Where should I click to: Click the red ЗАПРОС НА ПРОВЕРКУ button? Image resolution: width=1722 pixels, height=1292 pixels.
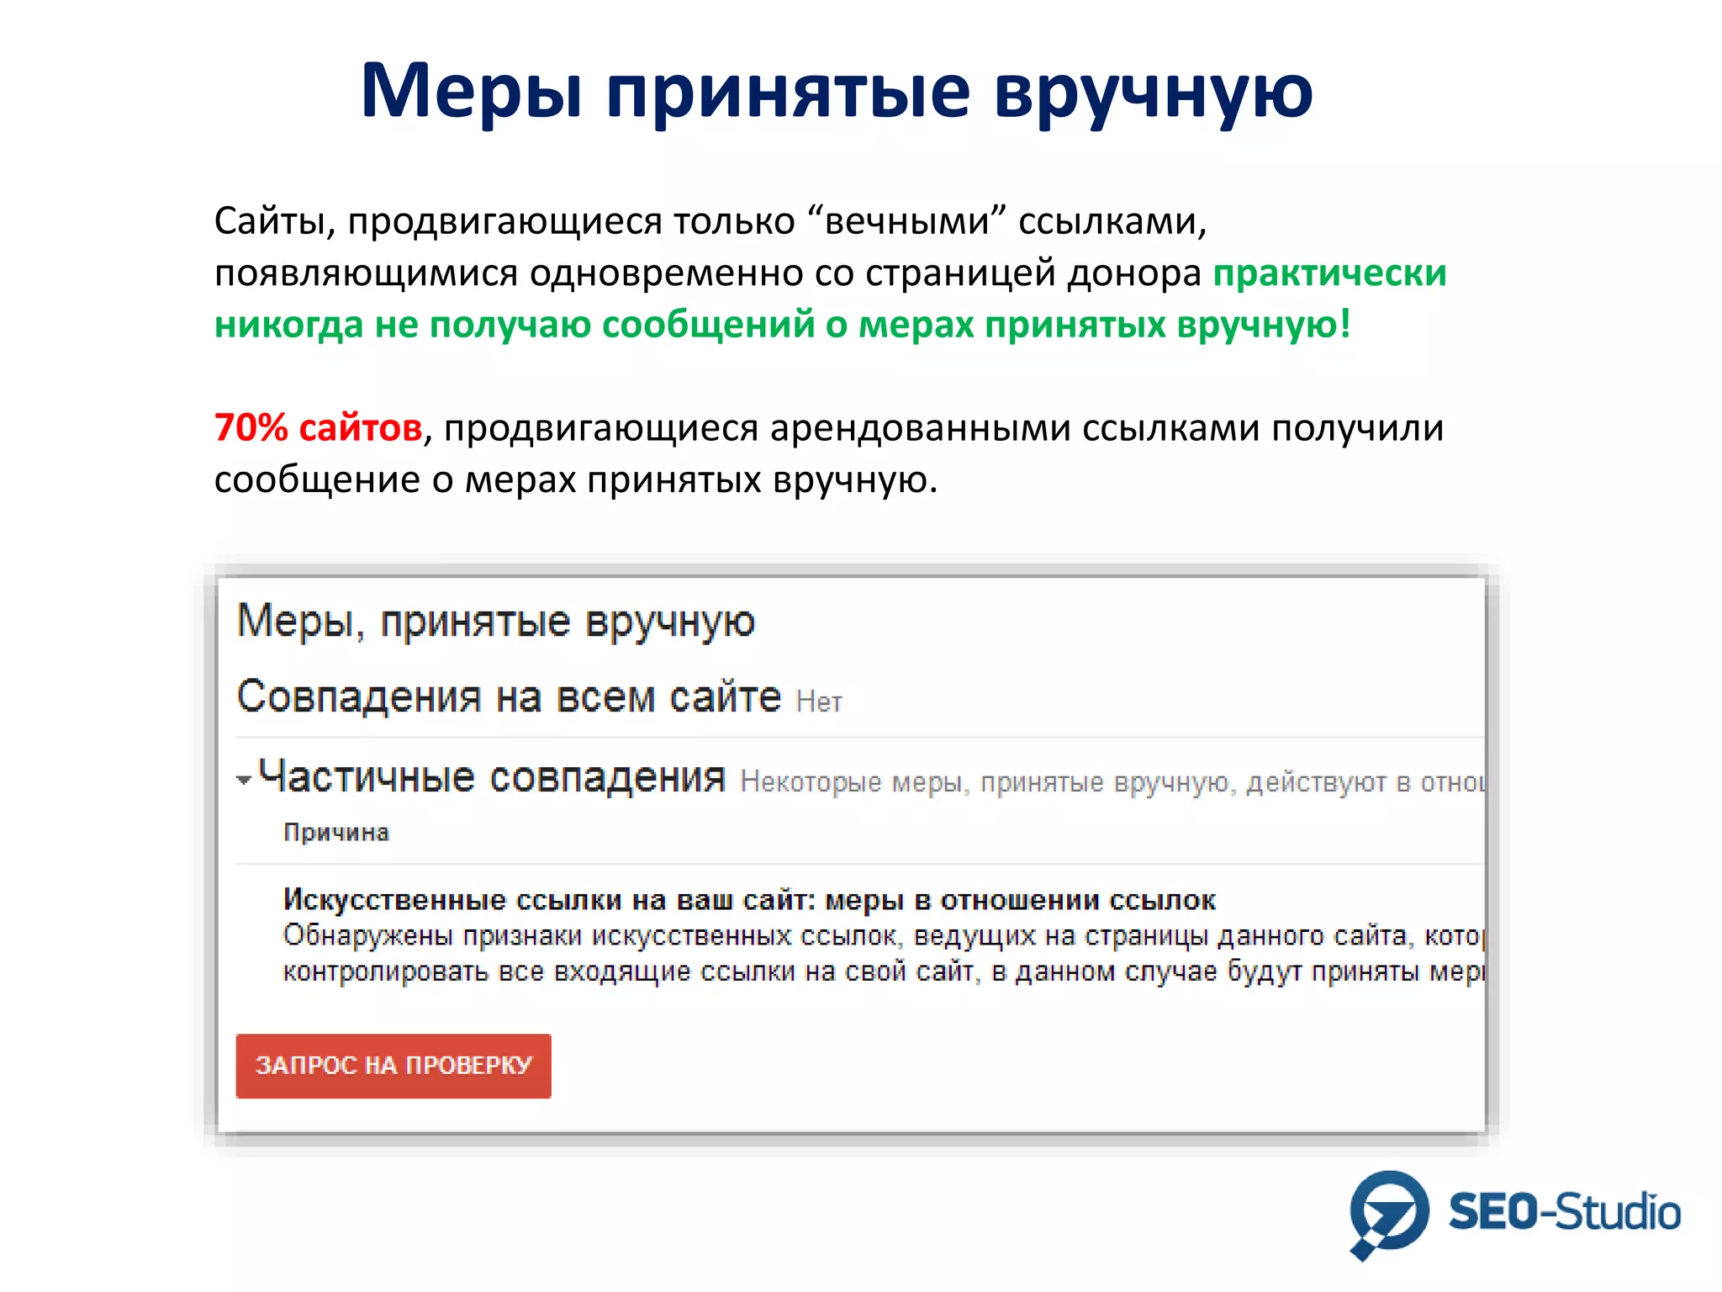coord(393,1065)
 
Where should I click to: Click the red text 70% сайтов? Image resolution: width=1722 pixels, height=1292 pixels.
coord(318,427)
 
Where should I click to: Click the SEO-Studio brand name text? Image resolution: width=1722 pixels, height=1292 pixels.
coord(1564,1213)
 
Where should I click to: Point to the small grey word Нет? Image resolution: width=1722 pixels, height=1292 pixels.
coord(818,702)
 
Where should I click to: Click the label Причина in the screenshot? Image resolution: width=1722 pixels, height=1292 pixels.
coord(335,833)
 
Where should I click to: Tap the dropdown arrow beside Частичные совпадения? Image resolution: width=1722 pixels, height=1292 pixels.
coord(244,781)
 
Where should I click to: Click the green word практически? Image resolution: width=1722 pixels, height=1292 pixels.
coord(1329,273)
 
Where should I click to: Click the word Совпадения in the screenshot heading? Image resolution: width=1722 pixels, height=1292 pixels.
coord(358,696)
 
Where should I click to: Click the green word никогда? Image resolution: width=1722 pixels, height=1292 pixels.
coord(288,325)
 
